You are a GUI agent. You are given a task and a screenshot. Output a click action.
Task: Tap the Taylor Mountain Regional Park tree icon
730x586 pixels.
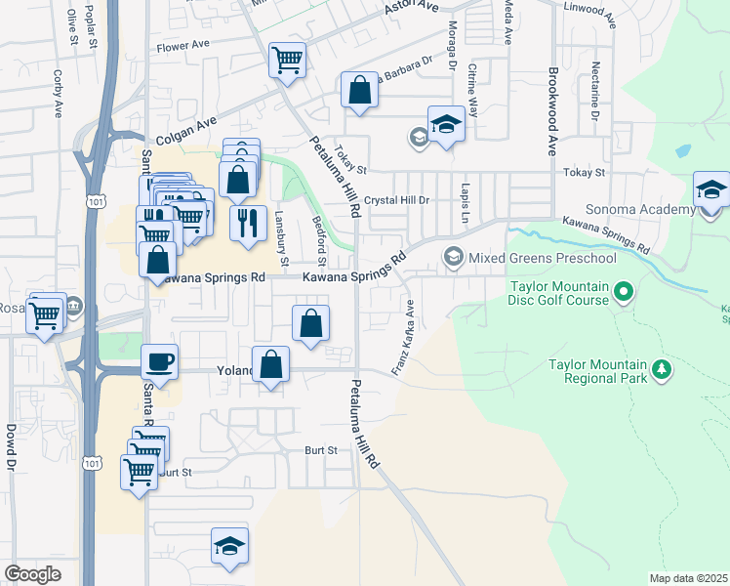(x=663, y=369)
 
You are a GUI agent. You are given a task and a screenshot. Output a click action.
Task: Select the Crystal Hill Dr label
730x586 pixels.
(x=397, y=200)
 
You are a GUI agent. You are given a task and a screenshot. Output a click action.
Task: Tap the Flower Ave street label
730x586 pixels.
(x=184, y=45)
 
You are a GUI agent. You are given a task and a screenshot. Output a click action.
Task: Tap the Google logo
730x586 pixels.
(x=32, y=574)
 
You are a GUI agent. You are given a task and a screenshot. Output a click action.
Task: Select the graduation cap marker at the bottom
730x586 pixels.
(x=229, y=547)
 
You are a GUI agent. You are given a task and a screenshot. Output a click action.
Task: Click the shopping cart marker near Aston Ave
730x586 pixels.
(x=287, y=61)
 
